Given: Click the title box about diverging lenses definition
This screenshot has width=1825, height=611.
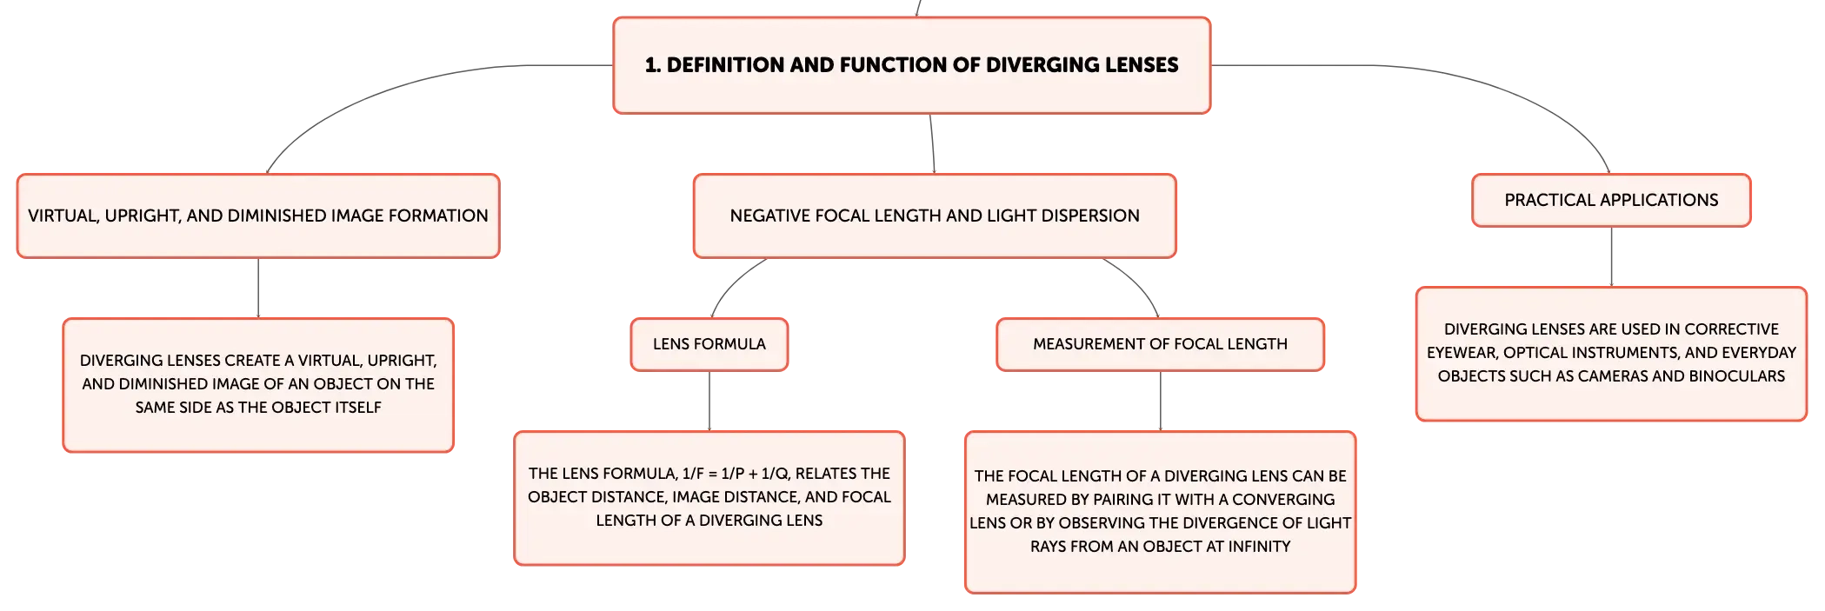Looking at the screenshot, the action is click(912, 65).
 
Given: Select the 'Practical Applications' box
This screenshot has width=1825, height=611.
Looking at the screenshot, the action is click(1611, 200).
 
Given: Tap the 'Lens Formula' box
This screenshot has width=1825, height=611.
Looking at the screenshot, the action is click(709, 344).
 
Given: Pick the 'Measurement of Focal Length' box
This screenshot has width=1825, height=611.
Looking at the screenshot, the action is click(1160, 344).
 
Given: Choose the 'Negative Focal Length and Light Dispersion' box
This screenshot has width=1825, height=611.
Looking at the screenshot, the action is click(935, 216).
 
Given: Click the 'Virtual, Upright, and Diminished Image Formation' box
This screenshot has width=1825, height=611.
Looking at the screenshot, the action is click(258, 216).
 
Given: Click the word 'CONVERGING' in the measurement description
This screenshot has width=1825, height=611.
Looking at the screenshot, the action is click(1283, 500).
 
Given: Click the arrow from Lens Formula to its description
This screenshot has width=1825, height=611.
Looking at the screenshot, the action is click(709, 401).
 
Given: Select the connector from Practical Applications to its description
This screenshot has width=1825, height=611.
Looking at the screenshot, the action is click(1611, 256).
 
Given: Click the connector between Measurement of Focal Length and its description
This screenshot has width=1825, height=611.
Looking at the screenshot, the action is click(1160, 401).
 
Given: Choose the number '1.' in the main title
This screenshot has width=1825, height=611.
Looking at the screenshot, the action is click(653, 65).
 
